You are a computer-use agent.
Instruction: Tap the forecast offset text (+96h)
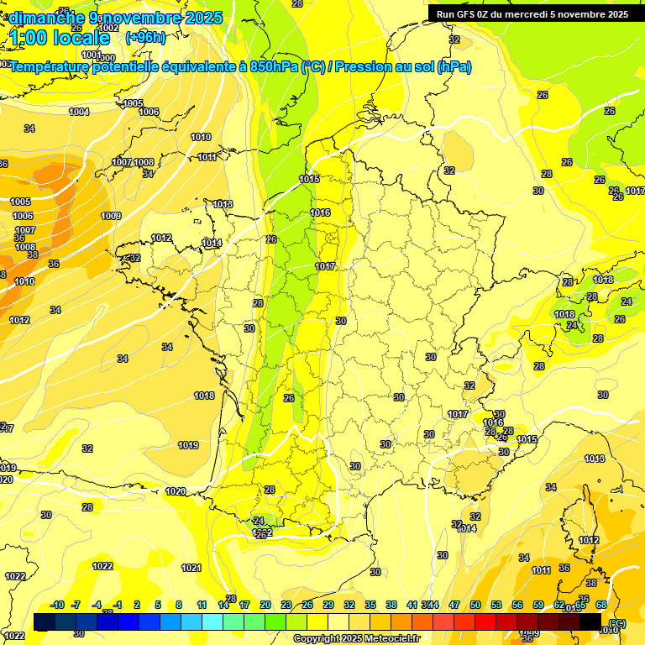point(145,38)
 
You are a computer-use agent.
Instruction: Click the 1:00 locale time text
point(60,38)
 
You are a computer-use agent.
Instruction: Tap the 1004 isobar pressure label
point(79,112)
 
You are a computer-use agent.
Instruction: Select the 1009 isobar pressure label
point(111,216)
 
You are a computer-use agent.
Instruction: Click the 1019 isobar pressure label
point(188,445)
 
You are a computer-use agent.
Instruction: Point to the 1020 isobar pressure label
point(176,491)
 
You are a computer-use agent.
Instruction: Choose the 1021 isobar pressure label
point(191,568)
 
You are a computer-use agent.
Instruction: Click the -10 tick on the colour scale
point(57,605)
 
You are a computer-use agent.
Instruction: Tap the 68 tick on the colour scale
point(601,605)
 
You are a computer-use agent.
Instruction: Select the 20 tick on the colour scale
point(265,605)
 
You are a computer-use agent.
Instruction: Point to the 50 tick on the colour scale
point(475,605)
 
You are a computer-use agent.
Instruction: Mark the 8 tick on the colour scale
point(179,605)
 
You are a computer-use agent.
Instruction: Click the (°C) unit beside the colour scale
point(617,623)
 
